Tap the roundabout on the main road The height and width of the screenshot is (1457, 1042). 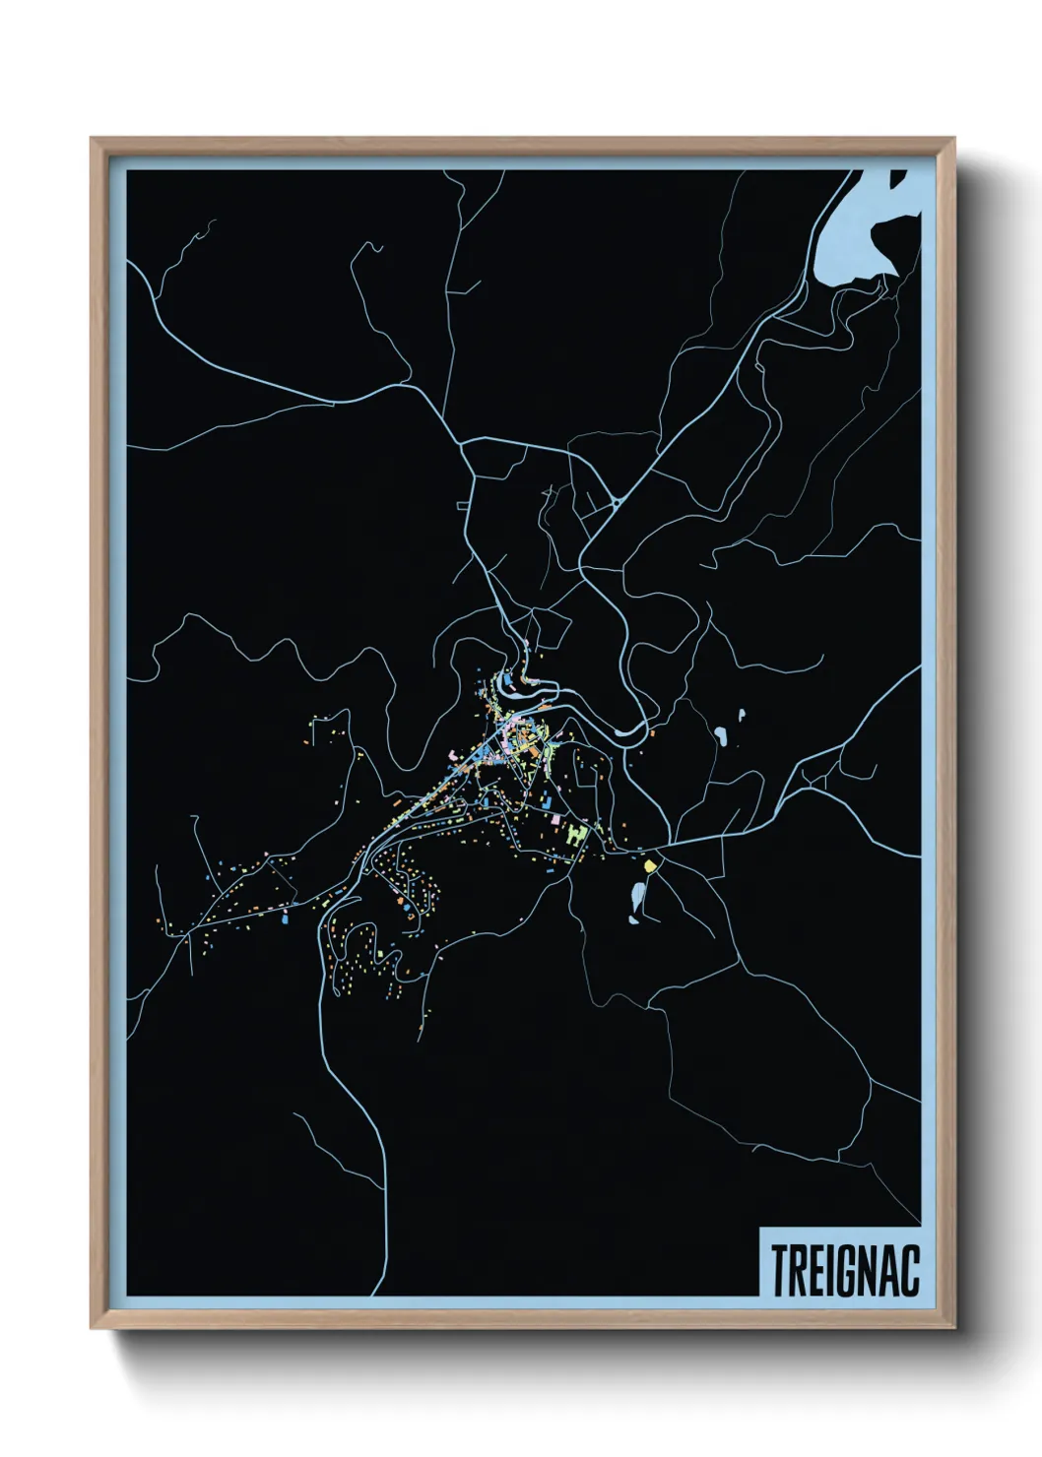[x=616, y=502]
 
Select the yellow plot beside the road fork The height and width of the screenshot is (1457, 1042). [x=650, y=865]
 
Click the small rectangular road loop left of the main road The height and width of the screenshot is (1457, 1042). [x=462, y=505]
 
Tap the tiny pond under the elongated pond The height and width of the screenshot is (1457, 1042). [x=631, y=920]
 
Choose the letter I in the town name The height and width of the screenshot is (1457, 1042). [x=828, y=1271]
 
